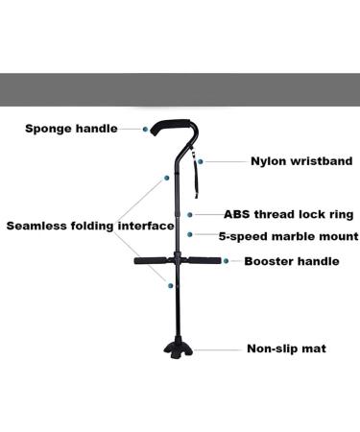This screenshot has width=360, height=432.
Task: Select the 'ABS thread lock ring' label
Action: (x=289, y=215)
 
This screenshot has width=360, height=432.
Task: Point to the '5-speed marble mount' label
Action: (x=289, y=235)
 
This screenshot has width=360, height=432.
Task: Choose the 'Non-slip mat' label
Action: (x=286, y=348)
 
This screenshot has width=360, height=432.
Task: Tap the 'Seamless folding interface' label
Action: (x=90, y=227)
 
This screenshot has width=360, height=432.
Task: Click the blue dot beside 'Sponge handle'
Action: (x=145, y=128)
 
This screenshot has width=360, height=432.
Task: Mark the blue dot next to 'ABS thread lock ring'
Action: (x=192, y=215)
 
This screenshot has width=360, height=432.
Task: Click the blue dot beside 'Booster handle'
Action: (x=227, y=260)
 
